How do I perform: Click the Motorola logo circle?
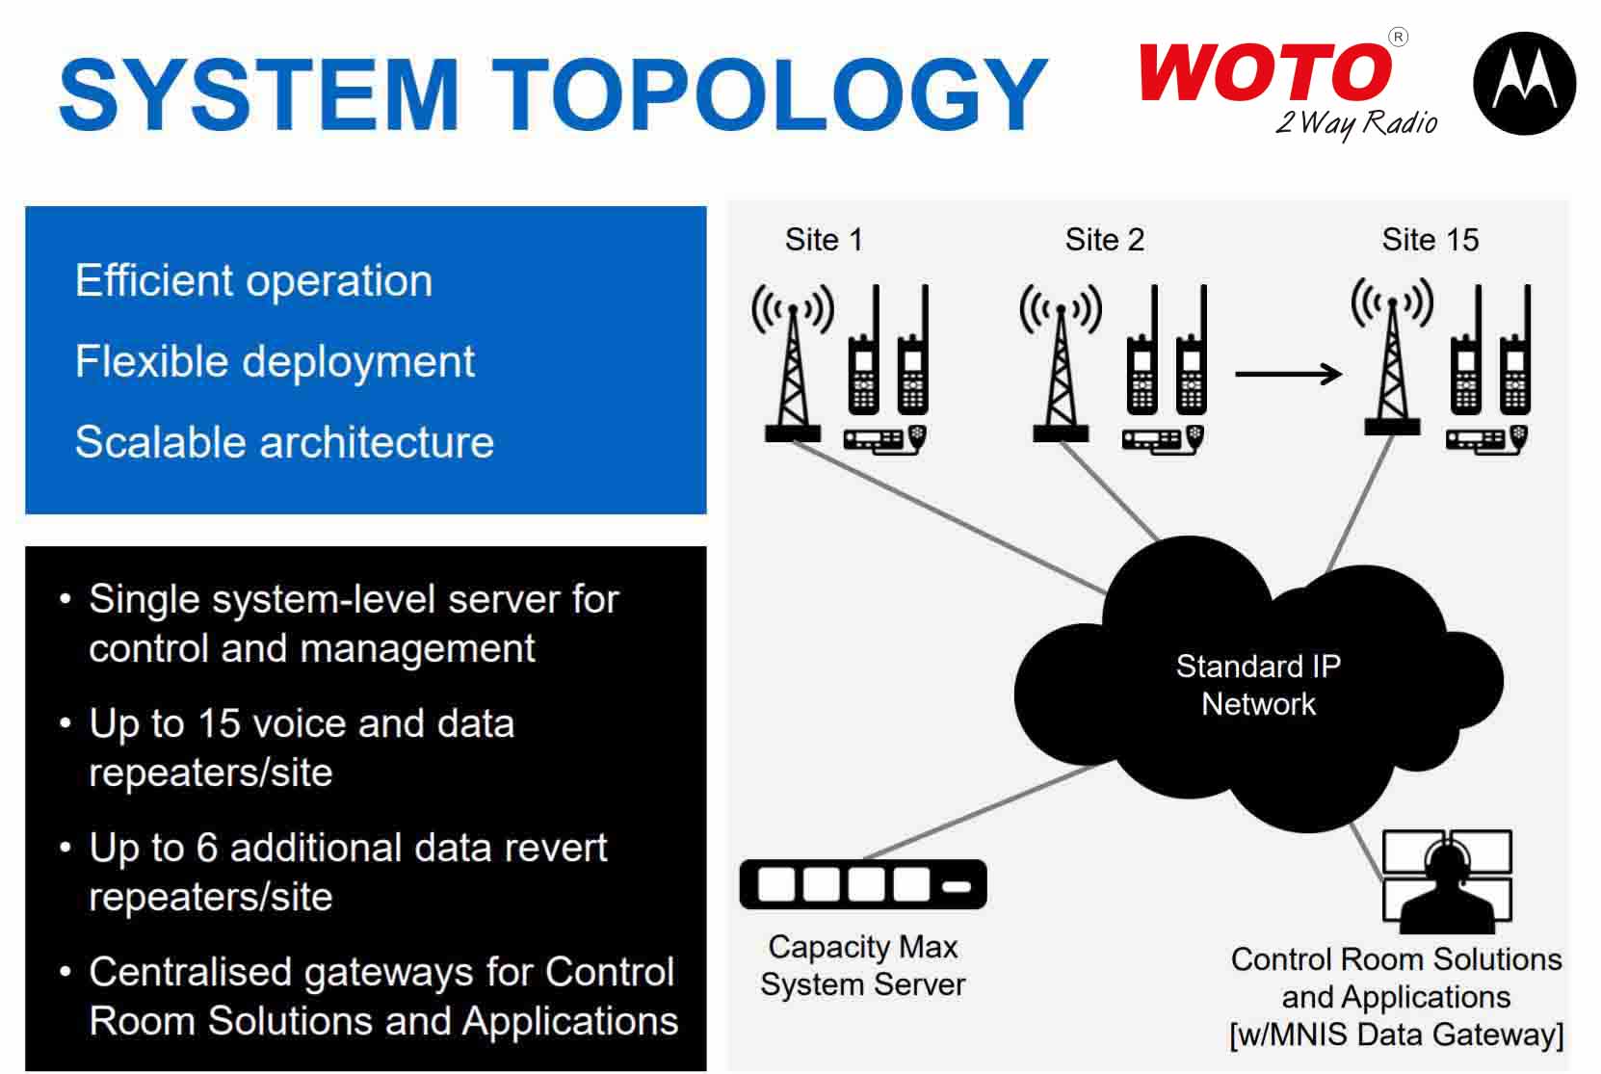[x=1524, y=83]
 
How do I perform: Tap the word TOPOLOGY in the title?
[x=770, y=94]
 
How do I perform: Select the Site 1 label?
[x=823, y=239]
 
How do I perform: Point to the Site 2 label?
[x=1104, y=239]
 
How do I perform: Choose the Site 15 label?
[x=1430, y=239]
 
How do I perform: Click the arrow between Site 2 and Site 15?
[x=1288, y=374]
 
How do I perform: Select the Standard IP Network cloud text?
[x=1258, y=685]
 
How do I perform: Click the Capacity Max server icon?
[x=863, y=884]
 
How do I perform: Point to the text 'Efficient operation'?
[x=253, y=281]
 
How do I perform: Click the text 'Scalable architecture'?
[x=284, y=442]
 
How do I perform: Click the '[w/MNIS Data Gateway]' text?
[x=1396, y=1035]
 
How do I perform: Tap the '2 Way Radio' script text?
[x=1356, y=123]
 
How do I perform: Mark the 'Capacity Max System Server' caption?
[x=863, y=965]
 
